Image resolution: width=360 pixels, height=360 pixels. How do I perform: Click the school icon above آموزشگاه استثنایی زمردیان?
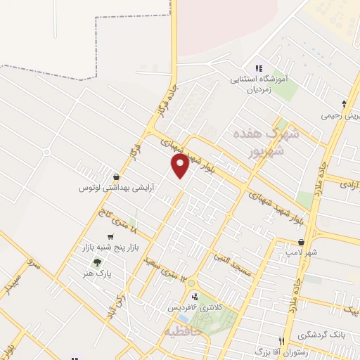click(x=259, y=69)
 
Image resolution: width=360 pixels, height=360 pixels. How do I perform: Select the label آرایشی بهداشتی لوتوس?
click(x=116, y=188)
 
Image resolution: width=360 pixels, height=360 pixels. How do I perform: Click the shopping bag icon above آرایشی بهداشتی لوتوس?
click(x=116, y=176)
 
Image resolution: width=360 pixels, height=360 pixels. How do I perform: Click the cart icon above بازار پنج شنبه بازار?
click(x=110, y=238)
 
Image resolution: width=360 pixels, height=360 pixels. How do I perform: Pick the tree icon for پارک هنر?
click(x=107, y=262)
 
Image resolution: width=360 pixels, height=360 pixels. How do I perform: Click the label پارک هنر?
click(x=108, y=274)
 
